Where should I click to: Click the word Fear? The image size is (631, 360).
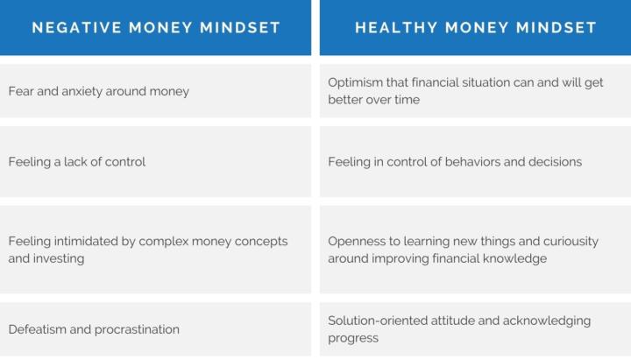point(22,91)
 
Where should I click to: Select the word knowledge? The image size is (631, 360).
point(514,258)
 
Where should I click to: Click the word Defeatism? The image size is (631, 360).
point(39,329)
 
